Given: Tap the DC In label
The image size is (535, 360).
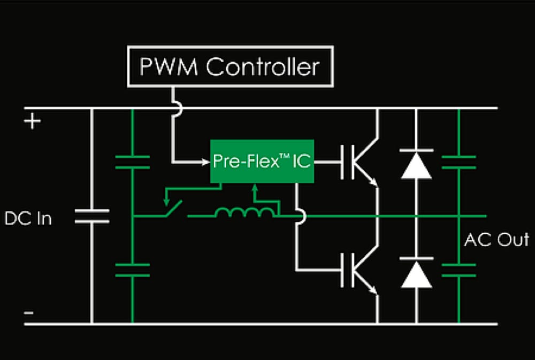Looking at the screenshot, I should pos(28,218).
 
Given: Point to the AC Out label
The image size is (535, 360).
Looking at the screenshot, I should pos(496,239).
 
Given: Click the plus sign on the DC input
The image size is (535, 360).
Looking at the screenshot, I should pos(33,122).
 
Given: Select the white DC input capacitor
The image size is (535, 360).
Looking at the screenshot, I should pos(91,216).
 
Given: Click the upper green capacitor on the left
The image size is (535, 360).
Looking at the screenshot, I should pos(132,162).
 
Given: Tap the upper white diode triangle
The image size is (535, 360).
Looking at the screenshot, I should pos(416,165).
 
